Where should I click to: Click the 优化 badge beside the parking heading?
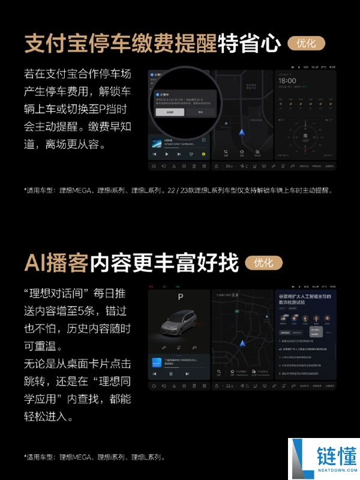pos(306,43)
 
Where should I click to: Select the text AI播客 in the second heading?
pos(57,263)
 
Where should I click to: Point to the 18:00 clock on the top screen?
pos(287,80)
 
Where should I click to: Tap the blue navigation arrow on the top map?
pos(241,131)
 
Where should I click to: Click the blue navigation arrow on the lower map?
pos(243,344)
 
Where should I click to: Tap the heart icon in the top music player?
pos(191,154)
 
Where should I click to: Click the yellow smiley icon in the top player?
pos(203,154)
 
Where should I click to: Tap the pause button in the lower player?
pos(171,373)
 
